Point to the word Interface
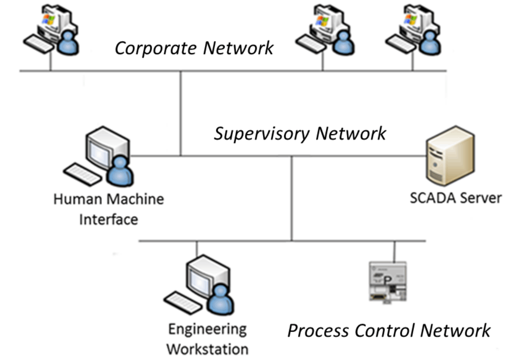click(x=109, y=220)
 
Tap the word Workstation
click(x=208, y=349)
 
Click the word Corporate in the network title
click(x=155, y=48)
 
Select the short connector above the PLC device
click(x=394, y=251)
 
